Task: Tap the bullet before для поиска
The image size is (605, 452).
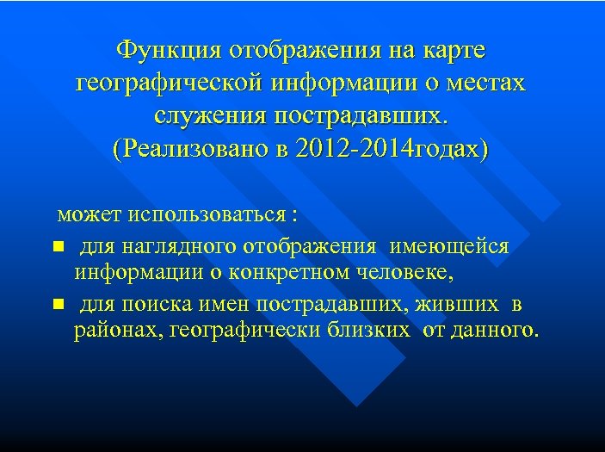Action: [x=57, y=304]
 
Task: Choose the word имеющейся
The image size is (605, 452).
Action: [x=448, y=246]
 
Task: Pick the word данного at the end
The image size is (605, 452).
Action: [x=499, y=331]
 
